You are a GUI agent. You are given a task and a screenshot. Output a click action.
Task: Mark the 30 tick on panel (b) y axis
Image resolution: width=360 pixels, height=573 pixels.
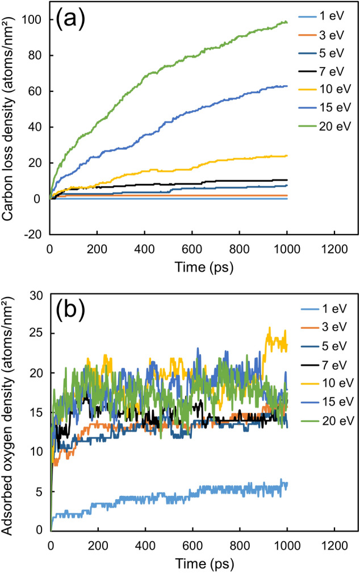click(x=40, y=294)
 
